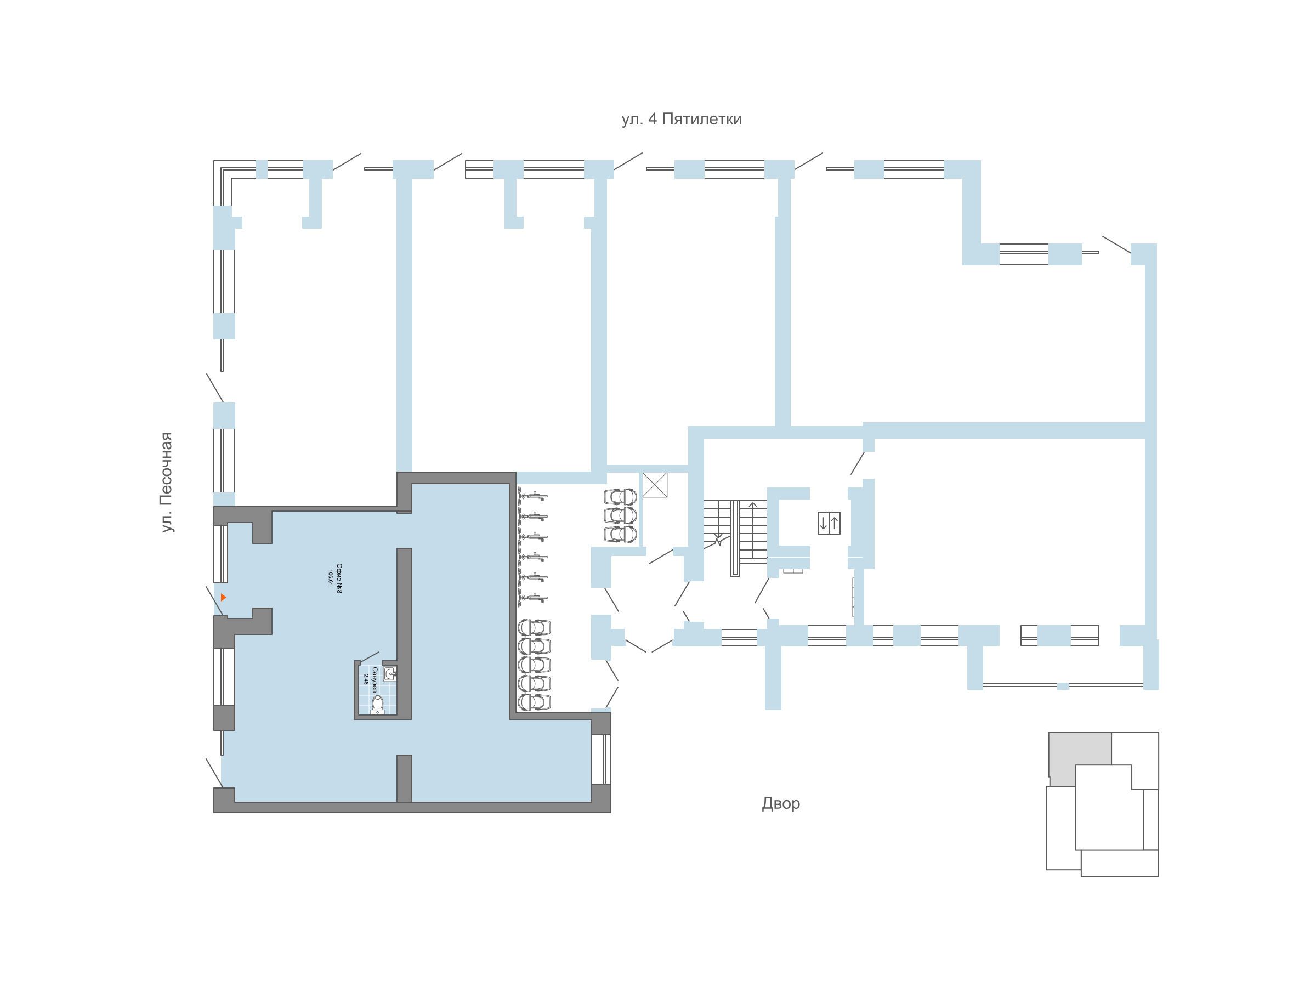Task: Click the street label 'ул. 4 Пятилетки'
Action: tap(681, 120)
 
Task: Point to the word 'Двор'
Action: tap(781, 804)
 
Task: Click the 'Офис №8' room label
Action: tap(339, 578)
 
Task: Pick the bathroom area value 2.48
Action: tap(365, 679)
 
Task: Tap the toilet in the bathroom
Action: tap(377, 705)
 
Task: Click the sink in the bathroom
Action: tap(390, 674)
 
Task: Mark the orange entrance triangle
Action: tap(224, 597)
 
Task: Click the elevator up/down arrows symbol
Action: tap(829, 523)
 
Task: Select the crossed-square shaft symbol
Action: tap(655, 485)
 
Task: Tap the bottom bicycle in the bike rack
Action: tap(532, 597)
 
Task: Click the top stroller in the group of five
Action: tap(534, 628)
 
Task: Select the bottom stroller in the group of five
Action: tap(534, 702)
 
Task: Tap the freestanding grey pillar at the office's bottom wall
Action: tap(404, 778)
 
